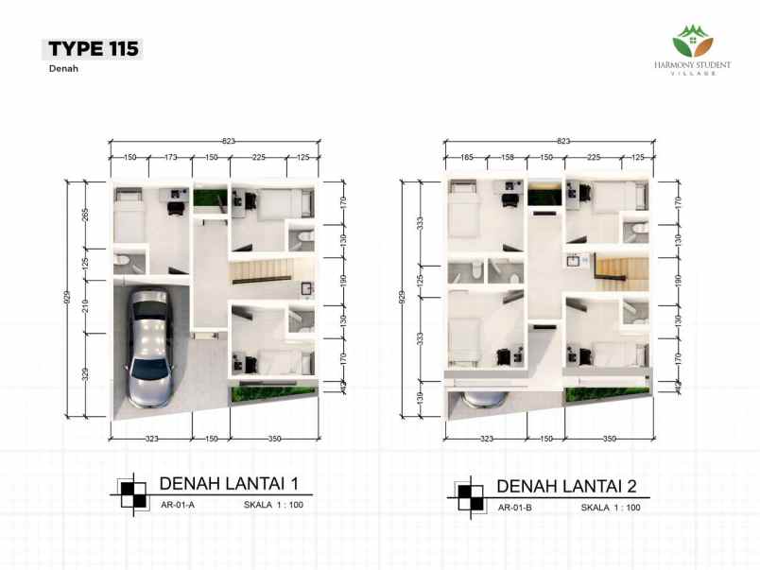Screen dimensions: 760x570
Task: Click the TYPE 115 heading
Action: pos(93,49)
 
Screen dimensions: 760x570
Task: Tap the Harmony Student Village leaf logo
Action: pos(693,42)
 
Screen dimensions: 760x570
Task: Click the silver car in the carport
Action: pos(150,348)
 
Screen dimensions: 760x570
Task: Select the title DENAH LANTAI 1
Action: pos(229,483)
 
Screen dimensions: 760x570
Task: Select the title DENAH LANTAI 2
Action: pos(566,486)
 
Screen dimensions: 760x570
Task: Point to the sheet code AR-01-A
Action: pos(178,505)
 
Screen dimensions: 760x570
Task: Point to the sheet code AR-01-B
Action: pos(515,508)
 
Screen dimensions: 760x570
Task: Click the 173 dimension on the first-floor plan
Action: pos(170,157)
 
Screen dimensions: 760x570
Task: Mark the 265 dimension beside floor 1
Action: pos(85,215)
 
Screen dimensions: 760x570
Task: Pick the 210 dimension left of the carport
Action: pos(85,306)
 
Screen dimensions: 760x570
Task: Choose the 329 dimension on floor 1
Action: pos(85,374)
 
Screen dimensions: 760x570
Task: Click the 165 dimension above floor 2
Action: pos(466,157)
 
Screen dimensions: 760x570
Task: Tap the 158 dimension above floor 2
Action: pos(507,157)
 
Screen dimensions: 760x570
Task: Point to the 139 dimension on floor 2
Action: pos(421,398)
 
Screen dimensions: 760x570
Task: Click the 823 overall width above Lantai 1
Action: pos(229,141)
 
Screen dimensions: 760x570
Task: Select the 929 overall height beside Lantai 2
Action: pos(402,297)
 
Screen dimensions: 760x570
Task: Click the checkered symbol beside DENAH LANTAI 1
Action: pos(133,494)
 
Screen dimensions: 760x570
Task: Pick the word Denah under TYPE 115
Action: pos(63,68)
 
